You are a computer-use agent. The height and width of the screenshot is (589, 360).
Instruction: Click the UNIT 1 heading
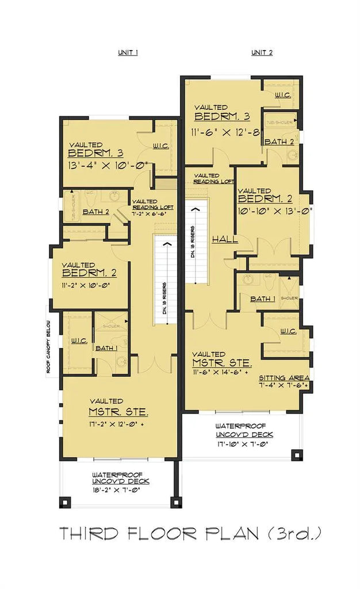click(x=128, y=52)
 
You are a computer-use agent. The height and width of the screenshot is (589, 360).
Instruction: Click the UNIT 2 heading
click(x=262, y=52)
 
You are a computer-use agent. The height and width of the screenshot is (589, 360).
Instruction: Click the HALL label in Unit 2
click(x=225, y=239)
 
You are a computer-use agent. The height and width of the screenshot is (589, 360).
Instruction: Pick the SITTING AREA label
click(x=283, y=377)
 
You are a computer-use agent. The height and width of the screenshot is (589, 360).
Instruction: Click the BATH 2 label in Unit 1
click(x=95, y=212)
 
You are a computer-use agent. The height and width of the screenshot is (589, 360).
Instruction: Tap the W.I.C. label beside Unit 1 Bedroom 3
click(x=160, y=146)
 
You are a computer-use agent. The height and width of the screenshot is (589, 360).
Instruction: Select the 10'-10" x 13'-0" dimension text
click(x=274, y=211)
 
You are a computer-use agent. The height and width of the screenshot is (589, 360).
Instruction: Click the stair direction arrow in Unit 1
click(x=167, y=244)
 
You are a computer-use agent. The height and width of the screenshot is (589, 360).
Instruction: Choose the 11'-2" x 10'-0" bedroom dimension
click(x=85, y=284)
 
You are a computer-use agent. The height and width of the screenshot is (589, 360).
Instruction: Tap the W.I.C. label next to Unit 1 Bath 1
click(x=79, y=341)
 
